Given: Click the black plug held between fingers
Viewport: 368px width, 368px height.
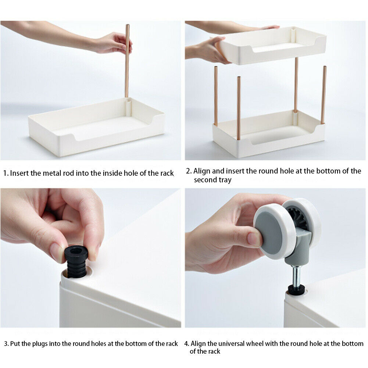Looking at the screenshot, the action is click(76, 261).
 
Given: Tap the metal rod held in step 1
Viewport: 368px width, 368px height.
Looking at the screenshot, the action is click(127, 61).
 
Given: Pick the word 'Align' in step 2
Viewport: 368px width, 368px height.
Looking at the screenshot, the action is click(202, 171).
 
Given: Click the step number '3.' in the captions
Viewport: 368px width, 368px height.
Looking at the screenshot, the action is click(6, 344).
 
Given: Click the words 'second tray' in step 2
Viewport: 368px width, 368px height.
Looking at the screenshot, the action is click(212, 180).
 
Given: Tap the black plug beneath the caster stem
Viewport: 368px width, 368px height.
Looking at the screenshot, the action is click(296, 289).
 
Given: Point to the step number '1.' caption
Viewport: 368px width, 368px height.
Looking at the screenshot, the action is click(6, 173).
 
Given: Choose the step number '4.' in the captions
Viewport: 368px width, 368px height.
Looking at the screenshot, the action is click(187, 344).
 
